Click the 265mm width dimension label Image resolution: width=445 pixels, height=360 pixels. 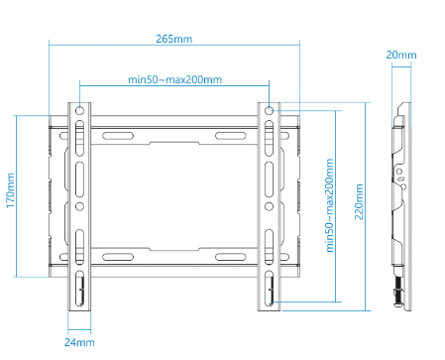pyautogui.click(x=174, y=39)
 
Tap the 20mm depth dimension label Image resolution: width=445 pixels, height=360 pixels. pyautogui.click(x=401, y=55)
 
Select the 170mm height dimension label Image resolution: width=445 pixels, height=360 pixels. pyautogui.click(x=11, y=190)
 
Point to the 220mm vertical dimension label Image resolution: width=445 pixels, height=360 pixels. pyautogui.click(x=359, y=202)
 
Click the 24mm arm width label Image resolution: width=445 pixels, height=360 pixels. pyautogui.click(x=79, y=342)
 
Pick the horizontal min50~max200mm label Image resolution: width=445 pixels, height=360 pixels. pyautogui.click(x=174, y=79)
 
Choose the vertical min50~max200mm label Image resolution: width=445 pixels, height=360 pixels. pyautogui.click(x=329, y=205)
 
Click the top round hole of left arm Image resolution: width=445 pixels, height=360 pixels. pyautogui.click(x=79, y=110)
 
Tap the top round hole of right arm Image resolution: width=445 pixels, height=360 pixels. pyautogui.click(x=270, y=110)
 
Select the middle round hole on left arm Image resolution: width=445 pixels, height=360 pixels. pyautogui.click(x=79, y=206)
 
